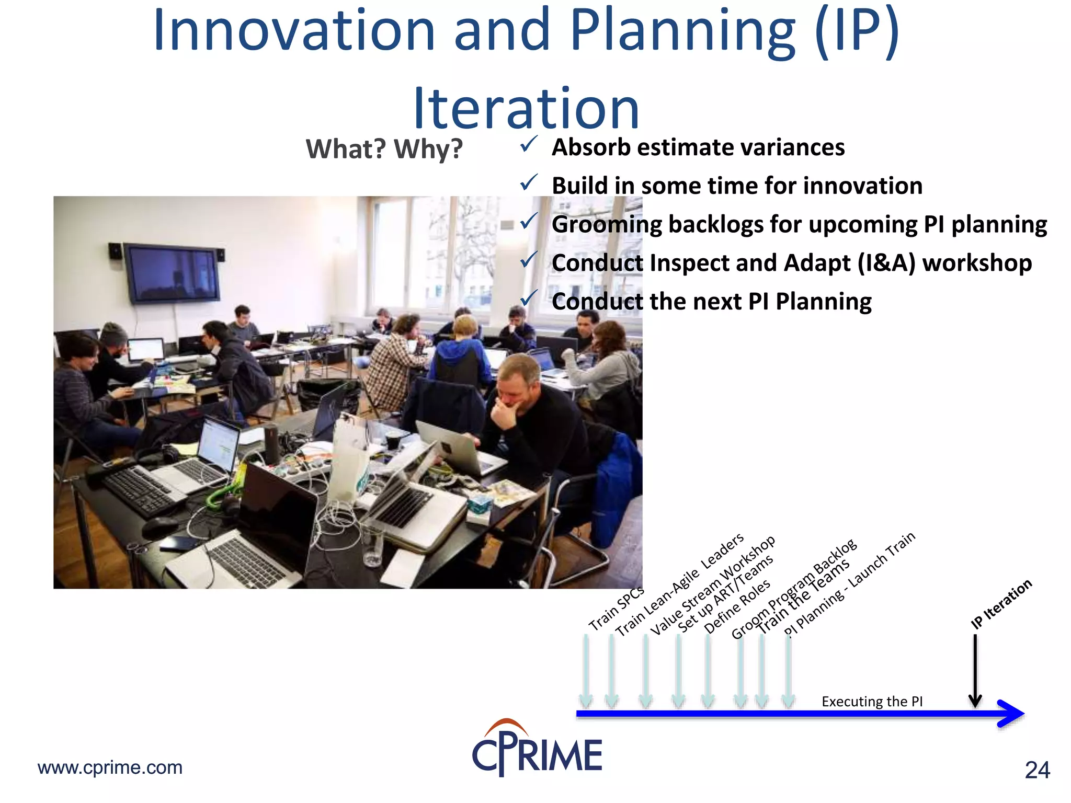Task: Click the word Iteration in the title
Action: [526, 109]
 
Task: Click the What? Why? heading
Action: [384, 149]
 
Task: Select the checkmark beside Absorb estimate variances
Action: [529, 144]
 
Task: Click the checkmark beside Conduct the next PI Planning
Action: [529, 298]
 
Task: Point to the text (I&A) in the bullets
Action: [886, 263]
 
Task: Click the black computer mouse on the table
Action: [159, 528]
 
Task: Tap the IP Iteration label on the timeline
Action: [1001, 604]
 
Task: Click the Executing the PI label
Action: [872, 702]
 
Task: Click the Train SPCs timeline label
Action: [616, 609]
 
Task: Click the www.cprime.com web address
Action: [110, 767]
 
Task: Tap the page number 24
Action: [1037, 770]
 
